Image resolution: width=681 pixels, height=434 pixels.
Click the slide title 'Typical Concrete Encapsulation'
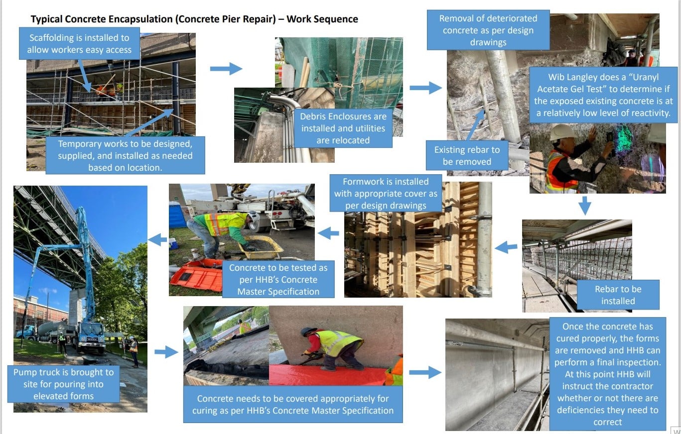pyautogui.click(x=194, y=19)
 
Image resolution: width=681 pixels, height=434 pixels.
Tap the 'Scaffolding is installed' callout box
pyautogui.click(x=79, y=44)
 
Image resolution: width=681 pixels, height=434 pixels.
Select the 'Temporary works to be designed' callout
pyautogui.click(x=125, y=155)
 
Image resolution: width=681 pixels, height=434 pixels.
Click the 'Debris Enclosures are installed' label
pyautogui.click(x=343, y=128)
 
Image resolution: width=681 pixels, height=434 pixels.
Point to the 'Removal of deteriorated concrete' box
pyautogui.click(x=488, y=30)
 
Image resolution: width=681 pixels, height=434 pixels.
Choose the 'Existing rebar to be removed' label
pyautogui.click(x=466, y=155)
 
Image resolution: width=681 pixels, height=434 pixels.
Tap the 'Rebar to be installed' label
pyautogui.click(x=618, y=295)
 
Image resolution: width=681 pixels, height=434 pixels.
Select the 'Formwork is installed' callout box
pyautogui.click(x=385, y=194)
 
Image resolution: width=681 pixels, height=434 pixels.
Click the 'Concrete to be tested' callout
pyautogui.click(x=278, y=279)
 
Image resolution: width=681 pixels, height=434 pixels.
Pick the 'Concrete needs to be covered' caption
pyautogui.click(x=292, y=404)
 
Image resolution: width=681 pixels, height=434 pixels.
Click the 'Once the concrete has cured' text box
pyautogui.click(x=607, y=374)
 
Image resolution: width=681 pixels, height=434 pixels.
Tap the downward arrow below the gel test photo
pyautogui.click(x=585, y=205)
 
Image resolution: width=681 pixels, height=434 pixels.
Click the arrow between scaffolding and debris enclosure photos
pyautogui.click(x=226, y=69)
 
